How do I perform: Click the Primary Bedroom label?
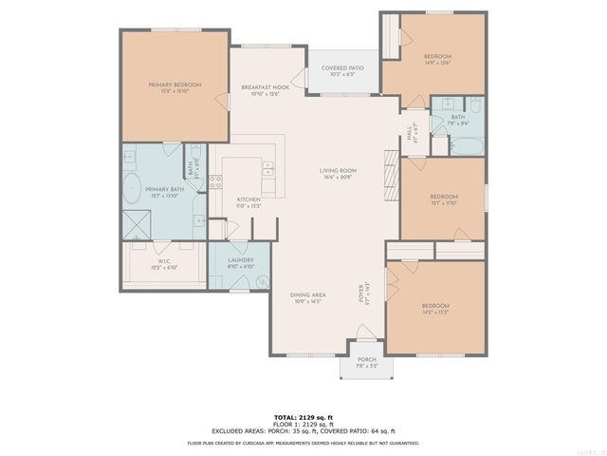[175, 87]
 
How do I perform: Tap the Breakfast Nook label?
[265, 89]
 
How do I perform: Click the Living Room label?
[337, 173]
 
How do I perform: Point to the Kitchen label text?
[248, 201]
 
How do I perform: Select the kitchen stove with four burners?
[215, 182]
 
